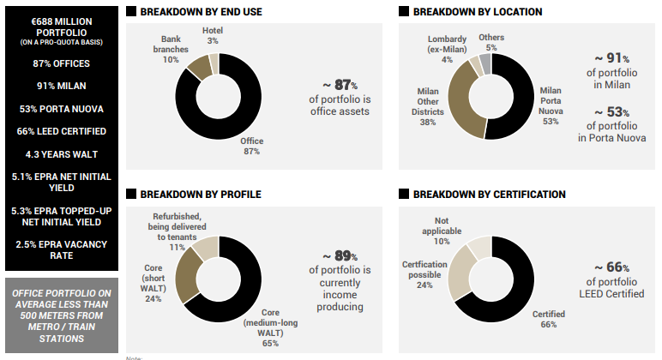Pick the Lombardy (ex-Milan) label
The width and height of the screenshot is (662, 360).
click(x=446, y=49)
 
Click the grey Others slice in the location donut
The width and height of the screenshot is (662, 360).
click(x=486, y=62)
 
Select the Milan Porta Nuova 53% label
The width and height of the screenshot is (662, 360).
click(x=550, y=105)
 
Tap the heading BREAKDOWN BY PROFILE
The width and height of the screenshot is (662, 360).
click(x=193, y=194)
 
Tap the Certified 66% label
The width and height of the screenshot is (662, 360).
click(x=546, y=319)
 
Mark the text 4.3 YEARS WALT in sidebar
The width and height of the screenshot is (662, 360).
click(x=61, y=154)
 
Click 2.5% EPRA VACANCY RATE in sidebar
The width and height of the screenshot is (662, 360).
click(x=61, y=250)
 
